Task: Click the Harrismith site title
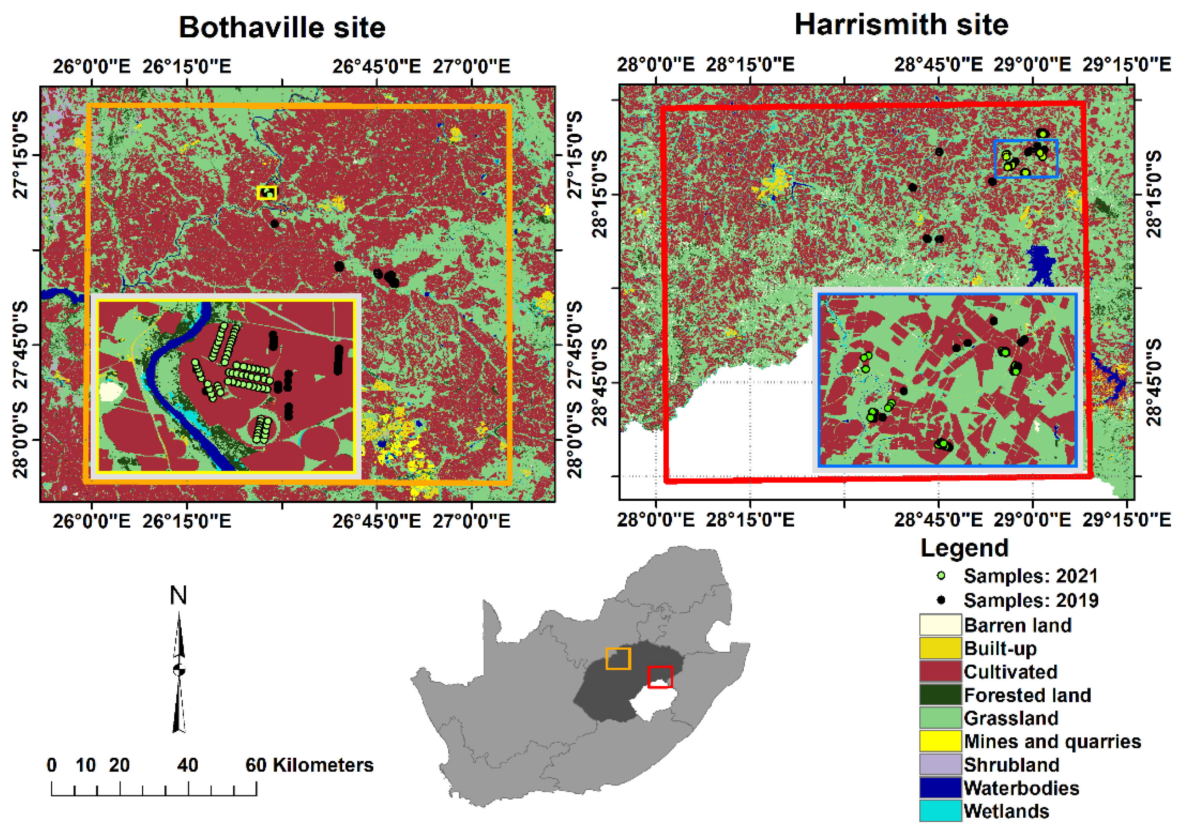[x=901, y=25]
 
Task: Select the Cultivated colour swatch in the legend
[x=940, y=671]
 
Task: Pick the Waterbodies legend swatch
[x=940, y=787]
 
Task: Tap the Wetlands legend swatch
[x=940, y=811]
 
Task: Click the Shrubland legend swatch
[x=940, y=764]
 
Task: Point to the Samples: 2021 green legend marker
[x=941, y=576]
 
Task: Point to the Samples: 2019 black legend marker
[x=941, y=600]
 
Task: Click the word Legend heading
[x=964, y=548]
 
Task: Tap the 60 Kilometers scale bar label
[x=309, y=765]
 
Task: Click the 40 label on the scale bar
[x=187, y=765]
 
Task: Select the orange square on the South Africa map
[x=618, y=658]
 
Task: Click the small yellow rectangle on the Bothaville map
[x=267, y=193]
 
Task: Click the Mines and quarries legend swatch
[x=940, y=741]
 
